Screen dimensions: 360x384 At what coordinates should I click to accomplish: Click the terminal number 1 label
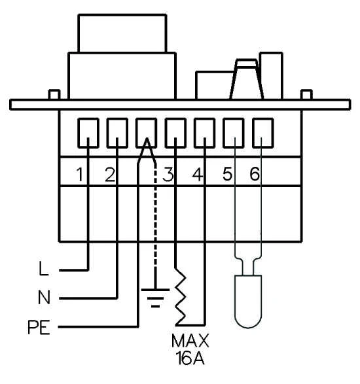click(80, 175)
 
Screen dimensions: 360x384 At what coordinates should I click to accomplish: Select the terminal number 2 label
click(110, 175)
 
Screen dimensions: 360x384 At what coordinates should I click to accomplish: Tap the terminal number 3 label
click(168, 175)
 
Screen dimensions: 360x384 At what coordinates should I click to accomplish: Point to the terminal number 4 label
click(198, 175)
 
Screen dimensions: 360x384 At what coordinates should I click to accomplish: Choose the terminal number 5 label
click(227, 175)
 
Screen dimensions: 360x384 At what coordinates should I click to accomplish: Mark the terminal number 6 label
click(255, 175)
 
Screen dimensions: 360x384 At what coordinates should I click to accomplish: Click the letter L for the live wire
click(44, 268)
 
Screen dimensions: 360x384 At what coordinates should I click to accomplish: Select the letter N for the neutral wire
click(44, 297)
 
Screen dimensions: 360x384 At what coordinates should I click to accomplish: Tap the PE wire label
click(39, 327)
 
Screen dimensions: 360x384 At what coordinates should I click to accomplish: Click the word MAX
click(190, 341)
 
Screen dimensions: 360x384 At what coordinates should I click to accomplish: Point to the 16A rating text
click(190, 358)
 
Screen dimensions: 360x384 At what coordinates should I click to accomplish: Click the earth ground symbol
click(155, 298)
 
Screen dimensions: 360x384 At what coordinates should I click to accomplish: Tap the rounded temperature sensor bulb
click(248, 301)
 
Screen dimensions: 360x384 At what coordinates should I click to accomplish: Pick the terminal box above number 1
click(88, 133)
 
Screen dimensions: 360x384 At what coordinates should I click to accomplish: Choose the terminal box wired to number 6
click(263, 133)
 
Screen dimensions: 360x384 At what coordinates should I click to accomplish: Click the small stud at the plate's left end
click(54, 95)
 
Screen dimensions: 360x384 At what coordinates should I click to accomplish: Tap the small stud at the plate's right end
click(306, 95)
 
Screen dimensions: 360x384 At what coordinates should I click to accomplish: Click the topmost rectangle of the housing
click(122, 33)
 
